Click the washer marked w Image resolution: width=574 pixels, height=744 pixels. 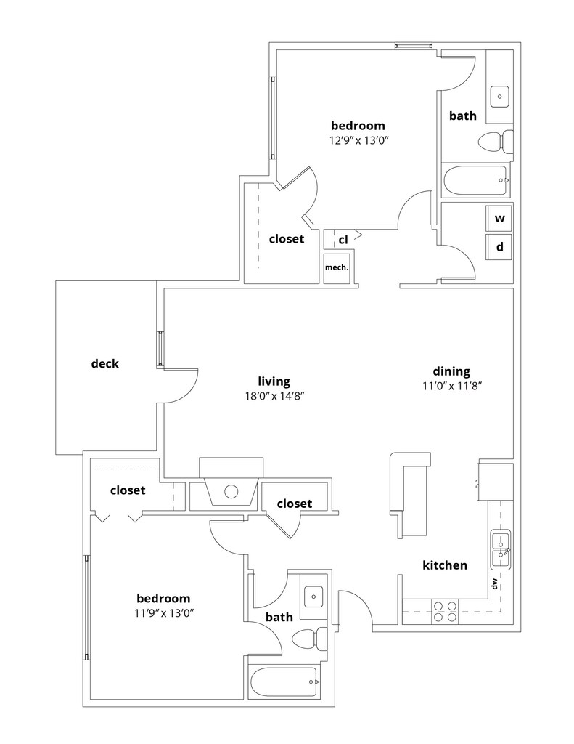(499, 219)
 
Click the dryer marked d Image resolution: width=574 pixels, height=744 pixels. (499, 247)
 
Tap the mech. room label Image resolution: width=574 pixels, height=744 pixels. (337, 267)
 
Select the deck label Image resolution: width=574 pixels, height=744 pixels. (104, 364)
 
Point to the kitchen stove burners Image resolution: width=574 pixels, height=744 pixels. (445, 611)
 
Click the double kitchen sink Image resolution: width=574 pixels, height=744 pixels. (500, 549)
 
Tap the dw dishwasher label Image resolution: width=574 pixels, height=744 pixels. (495, 583)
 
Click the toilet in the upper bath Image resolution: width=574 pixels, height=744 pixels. (496, 142)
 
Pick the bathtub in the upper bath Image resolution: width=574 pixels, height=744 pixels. (476, 180)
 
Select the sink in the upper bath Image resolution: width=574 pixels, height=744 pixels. (499, 97)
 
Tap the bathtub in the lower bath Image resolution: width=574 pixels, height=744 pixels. (284, 682)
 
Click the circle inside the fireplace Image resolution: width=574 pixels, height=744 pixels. (231, 492)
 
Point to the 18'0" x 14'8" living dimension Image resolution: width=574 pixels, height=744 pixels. (274, 396)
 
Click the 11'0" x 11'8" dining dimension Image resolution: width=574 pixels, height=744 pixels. (452, 386)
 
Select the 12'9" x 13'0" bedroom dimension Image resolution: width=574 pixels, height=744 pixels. (358, 140)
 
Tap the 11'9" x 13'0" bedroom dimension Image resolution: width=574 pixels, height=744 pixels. (164, 613)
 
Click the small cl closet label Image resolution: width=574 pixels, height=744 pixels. (343, 240)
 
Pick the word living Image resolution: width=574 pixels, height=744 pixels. (274, 381)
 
